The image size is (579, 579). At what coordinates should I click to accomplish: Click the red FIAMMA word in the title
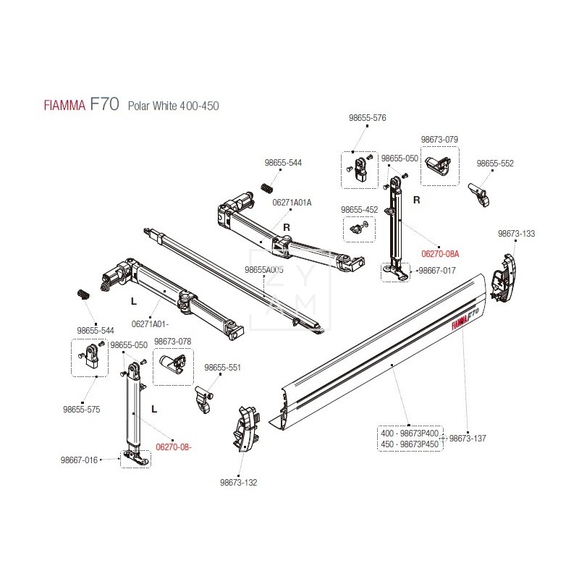tap(63, 106)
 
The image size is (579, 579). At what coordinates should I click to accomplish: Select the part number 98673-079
tap(439, 140)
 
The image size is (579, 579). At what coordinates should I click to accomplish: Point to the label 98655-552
tap(496, 164)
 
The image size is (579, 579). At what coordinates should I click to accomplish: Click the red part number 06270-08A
tap(441, 254)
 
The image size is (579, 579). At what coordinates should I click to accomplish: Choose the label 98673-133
tap(516, 234)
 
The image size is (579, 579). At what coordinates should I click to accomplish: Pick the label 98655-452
tap(359, 209)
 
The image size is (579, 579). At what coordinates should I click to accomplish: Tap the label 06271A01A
tap(292, 203)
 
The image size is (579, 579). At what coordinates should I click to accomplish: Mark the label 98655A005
tap(264, 269)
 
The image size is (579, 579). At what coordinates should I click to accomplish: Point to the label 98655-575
tap(82, 410)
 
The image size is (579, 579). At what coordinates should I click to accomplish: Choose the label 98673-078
tap(173, 341)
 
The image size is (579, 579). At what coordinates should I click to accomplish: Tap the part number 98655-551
tap(223, 368)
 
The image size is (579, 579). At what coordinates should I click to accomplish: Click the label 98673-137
tap(468, 439)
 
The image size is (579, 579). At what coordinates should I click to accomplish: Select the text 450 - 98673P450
tap(410, 444)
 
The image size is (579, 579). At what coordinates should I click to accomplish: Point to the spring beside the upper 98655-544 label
tap(267, 187)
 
